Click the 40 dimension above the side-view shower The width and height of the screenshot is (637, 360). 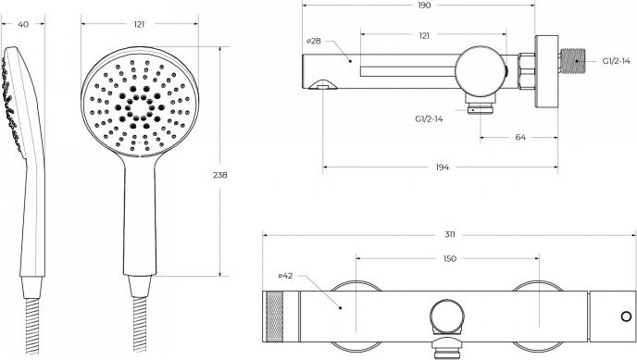click(23, 24)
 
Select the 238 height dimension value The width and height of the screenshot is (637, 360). click(220, 175)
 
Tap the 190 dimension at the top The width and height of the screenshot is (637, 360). click(424, 6)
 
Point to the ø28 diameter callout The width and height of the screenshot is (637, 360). click(314, 41)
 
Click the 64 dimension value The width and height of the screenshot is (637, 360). click(520, 137)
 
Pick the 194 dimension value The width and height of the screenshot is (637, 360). click(442, 167)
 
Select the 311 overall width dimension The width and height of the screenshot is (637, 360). click(450, 234)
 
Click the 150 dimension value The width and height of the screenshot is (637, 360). click(450, 258)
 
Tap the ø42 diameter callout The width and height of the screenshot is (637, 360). click(285, 276)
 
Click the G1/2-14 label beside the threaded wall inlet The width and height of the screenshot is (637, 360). click(617, 61)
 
